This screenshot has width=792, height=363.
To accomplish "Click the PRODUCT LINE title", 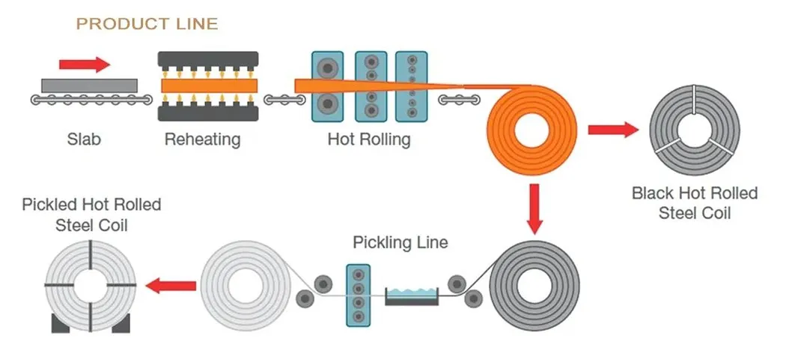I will (147, 24).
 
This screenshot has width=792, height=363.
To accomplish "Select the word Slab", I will (83, 139).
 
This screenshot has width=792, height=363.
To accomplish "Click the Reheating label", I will (202, 139).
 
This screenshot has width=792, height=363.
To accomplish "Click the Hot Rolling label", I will (369, 139).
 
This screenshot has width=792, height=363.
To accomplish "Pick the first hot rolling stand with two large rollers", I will (326, 86).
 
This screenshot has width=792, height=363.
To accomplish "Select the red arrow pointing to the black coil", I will (612, 130).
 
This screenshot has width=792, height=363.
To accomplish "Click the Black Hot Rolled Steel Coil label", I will (694, 203).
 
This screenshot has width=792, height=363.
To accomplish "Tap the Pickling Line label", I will (400, 242).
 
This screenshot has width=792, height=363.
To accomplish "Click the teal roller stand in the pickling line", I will (359, 294).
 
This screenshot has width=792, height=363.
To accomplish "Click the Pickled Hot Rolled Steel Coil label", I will (91, 214).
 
